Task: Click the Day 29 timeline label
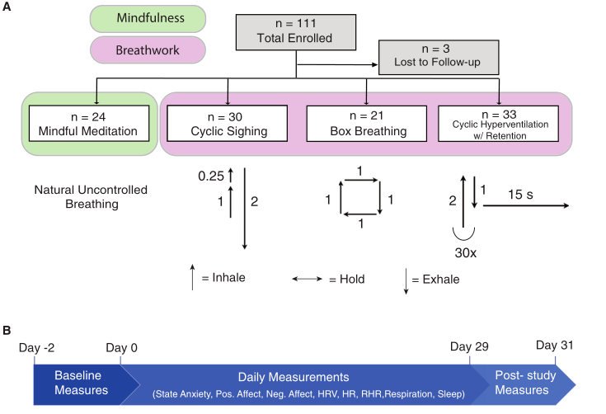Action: (468, 348)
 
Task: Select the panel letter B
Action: (8, 331)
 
